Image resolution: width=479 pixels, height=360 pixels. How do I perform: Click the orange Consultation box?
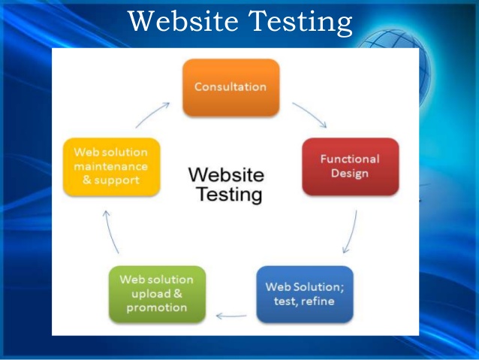(x=231, y=87)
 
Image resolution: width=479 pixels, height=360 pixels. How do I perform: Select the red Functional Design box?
(x=351, y=166)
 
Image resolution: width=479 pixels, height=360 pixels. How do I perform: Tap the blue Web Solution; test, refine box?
(x=305, y=294)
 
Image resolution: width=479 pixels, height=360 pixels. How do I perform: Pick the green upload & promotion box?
(x=157, y=294)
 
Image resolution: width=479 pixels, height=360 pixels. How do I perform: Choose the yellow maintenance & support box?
(x=112, y=167)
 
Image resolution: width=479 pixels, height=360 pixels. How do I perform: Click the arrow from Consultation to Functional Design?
(x=311, y=113)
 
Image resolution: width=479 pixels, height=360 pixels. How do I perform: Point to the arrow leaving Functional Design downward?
(x=351, y=232)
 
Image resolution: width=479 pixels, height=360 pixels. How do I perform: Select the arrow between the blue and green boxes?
(x=231, y=316)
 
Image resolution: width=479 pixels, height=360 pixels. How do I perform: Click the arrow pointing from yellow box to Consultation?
(x=152, y=114)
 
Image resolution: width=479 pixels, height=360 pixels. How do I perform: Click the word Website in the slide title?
(x=182, y=21)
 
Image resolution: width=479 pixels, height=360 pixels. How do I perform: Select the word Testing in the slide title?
(x=300, y=22)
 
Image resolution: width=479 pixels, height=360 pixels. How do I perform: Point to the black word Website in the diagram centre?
(x=226, y=175)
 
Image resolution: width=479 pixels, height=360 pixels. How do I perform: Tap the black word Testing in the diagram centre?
(x=229, y=195)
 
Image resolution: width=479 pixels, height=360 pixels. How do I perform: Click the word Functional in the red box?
(x=350, y=159)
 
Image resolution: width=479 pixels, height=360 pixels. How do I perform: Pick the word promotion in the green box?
(x=157, y=307)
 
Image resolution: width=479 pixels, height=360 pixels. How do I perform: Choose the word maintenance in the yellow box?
(x=111, y=166)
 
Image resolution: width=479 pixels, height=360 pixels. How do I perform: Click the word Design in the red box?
(x=350, y=174)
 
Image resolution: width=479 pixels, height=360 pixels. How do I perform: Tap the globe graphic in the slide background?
(x=397, y=61)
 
